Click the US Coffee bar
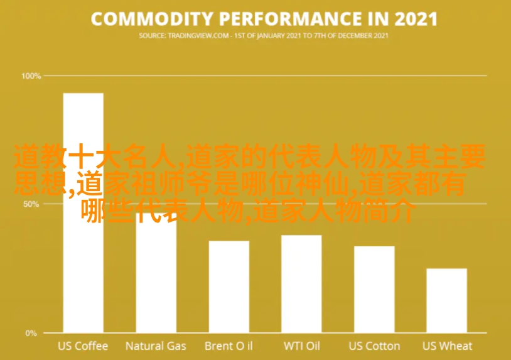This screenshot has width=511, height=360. (83, 213)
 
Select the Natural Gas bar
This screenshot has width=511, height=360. (156, 273)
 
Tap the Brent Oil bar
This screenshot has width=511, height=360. (229, 287)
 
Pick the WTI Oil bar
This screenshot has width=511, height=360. (301, 284)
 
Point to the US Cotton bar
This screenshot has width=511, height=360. (374, 290)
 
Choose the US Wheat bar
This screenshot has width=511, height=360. (447, 301)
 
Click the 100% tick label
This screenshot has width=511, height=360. (31, 76)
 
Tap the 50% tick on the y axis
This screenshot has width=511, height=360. (31, 204)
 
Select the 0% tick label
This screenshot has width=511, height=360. (31, 333)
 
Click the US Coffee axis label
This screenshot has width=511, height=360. (83, 346)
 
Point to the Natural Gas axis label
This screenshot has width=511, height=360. (156, 346)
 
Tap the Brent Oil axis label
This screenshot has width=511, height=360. (229, 346)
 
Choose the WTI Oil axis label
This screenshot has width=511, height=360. (302, 346)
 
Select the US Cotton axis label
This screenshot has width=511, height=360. (374, 346)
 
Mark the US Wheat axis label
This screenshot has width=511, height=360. (447, 346)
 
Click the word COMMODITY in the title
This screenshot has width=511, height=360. (152, 19)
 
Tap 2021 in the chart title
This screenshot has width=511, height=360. (416, 19)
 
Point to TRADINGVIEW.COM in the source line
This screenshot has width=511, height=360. (198, 36)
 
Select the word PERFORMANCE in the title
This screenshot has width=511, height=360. (291, 19)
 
